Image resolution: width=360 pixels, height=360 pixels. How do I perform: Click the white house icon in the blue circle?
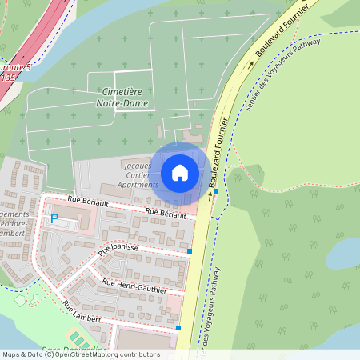pos(179,172)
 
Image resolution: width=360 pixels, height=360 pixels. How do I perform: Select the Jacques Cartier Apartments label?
pos(139,174)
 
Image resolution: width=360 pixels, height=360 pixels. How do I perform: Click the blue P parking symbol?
pos(54,218)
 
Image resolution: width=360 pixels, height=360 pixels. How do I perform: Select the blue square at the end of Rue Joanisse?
pos(190,251)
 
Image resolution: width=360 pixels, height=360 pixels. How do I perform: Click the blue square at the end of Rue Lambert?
pos(178,328)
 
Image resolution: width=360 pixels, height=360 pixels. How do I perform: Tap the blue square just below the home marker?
pos(216,191)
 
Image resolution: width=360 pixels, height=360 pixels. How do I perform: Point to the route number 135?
pos(6,78)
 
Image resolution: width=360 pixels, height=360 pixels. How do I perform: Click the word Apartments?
pos(139,183)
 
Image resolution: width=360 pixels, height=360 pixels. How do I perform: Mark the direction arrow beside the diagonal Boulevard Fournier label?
pos(261,62)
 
